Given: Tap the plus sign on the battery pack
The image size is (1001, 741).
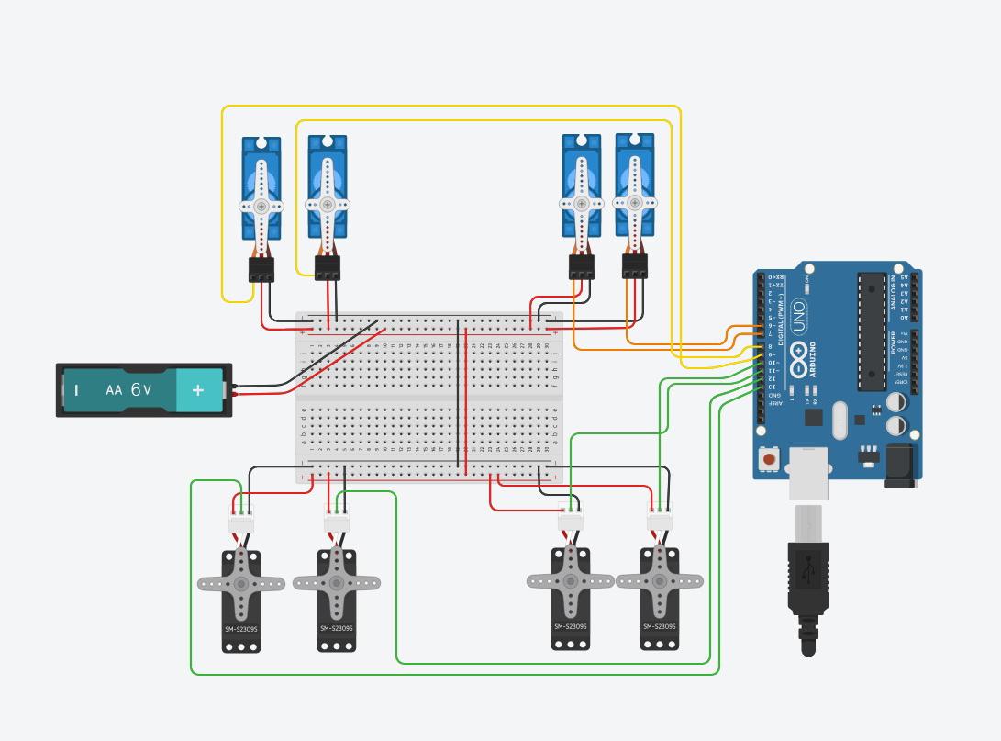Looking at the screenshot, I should click(x=198, y=389).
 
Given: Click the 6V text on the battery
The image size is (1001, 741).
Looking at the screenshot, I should click(x=140, y=389).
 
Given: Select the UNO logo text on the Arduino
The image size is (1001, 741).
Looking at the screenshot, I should click(x=797, y=315).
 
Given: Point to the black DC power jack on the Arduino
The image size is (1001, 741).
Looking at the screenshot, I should click(x=902, y=465).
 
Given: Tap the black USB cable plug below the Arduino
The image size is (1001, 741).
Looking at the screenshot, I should click(x=807, y=578).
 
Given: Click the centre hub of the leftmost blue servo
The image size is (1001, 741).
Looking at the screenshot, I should click(x=261, y=206).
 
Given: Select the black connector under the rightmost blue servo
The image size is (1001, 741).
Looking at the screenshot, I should click(x=635, y=266).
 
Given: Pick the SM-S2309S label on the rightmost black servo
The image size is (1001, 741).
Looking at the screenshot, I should click(x=659, y=626).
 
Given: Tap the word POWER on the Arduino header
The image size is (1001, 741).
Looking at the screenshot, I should click(x=893, y=342).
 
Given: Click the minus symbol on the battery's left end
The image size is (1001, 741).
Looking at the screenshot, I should click(x=77, y=390).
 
